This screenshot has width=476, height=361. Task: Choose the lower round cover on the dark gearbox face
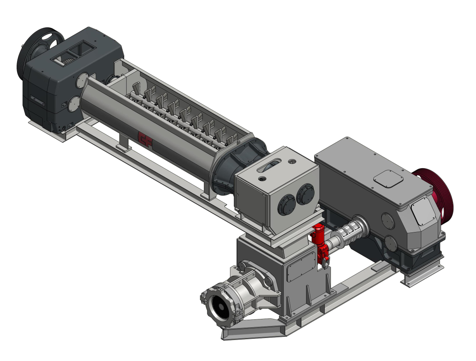pyautogui.click(x=73, y=105)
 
